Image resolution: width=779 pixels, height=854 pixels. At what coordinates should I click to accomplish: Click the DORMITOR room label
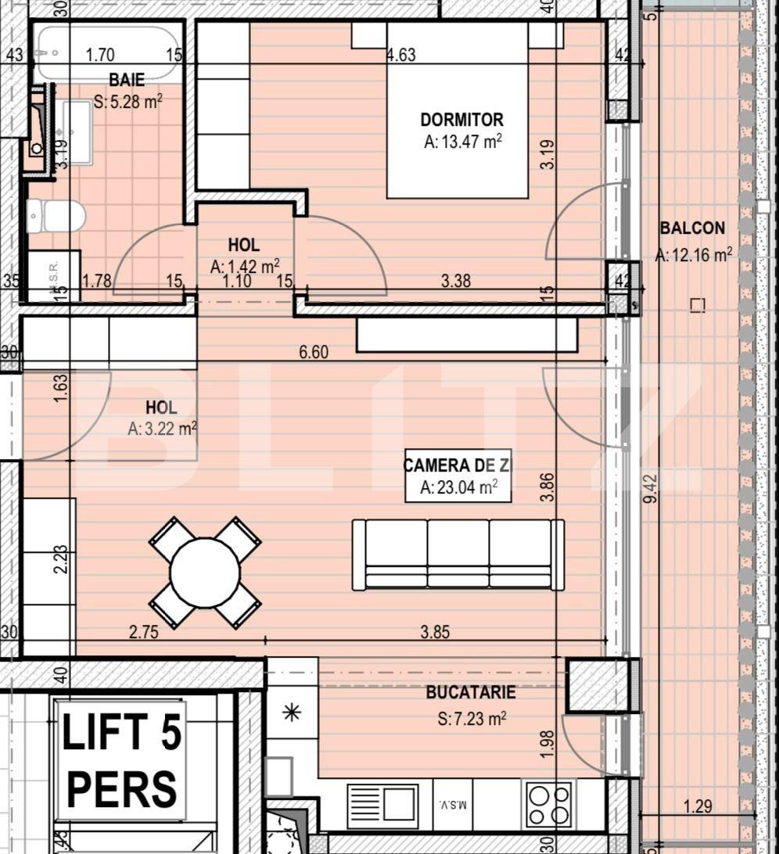pos(461,120)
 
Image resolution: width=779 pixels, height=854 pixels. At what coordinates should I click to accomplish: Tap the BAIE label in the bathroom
pos(127,81)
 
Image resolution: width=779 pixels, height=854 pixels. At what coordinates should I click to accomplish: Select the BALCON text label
pos(692,228)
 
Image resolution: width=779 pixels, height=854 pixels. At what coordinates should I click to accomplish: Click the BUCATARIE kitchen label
pos(471,693)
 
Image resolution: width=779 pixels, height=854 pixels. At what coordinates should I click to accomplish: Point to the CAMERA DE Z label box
pos(458,475)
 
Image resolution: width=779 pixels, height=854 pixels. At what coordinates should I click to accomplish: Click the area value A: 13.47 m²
pos(461,142)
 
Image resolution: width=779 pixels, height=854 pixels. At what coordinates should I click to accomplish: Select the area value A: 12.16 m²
pos(693,254)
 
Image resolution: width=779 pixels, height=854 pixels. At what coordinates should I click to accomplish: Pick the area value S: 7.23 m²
pos(472,718)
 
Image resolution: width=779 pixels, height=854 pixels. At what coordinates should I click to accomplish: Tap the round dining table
pos(205,572)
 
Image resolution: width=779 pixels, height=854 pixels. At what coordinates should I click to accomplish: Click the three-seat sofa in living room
pos(458,554)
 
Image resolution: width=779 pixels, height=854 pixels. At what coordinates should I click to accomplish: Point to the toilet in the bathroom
pos(56,216)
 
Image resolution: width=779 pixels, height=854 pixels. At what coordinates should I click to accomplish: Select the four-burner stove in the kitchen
pos(549,804)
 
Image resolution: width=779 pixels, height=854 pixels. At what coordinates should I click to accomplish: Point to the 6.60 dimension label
pos(314,353)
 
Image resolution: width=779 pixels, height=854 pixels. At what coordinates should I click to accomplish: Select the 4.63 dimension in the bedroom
pos(401,56)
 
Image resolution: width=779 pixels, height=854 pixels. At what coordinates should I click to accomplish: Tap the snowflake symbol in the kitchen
pos(292,712)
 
